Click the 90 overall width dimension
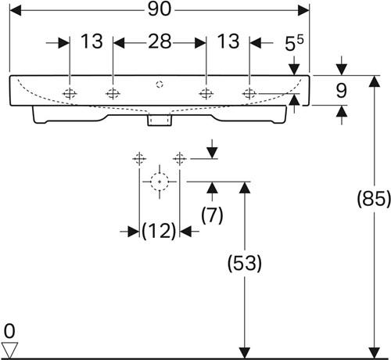pyautogui.click(x=160, y=9)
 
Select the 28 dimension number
pyautogui.click(x=160, y=41)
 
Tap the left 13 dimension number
pyautogui.click(x=91, y=41)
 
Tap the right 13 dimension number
pyautogui.click(x=228, y=41)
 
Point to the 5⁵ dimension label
pyautogui.click(x=294, y=43)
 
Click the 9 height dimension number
pyautogui.click(x=341, y=91)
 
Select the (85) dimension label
pyautogui.click(x=374, y=199)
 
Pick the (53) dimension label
pyautogui.click(x=245, y=263)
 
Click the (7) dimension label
pyautogui.click(x=212, y=215)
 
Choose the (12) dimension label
pyautogui.click(x=159, y=231)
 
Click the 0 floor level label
pyautogui.click(x=9, y=331)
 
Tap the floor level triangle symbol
pyautogui.click(x=9, y=350)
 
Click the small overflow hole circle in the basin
pyautogui.click(x=160, y=85)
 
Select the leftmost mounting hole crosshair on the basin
pyautogui.click(x=70, y=93)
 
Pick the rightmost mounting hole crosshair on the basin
pyautogui.click(x=249, y=93)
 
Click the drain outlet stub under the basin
pyautogui.click(x=160, y=120)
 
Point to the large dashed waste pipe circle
pyautogui.click(x=160, y=182)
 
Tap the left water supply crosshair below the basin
pyautogui.click(x=139, y=158)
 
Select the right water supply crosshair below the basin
pyautogui.click(x=180, y=158)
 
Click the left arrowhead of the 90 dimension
pyautogui.click(x=15, y=10)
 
